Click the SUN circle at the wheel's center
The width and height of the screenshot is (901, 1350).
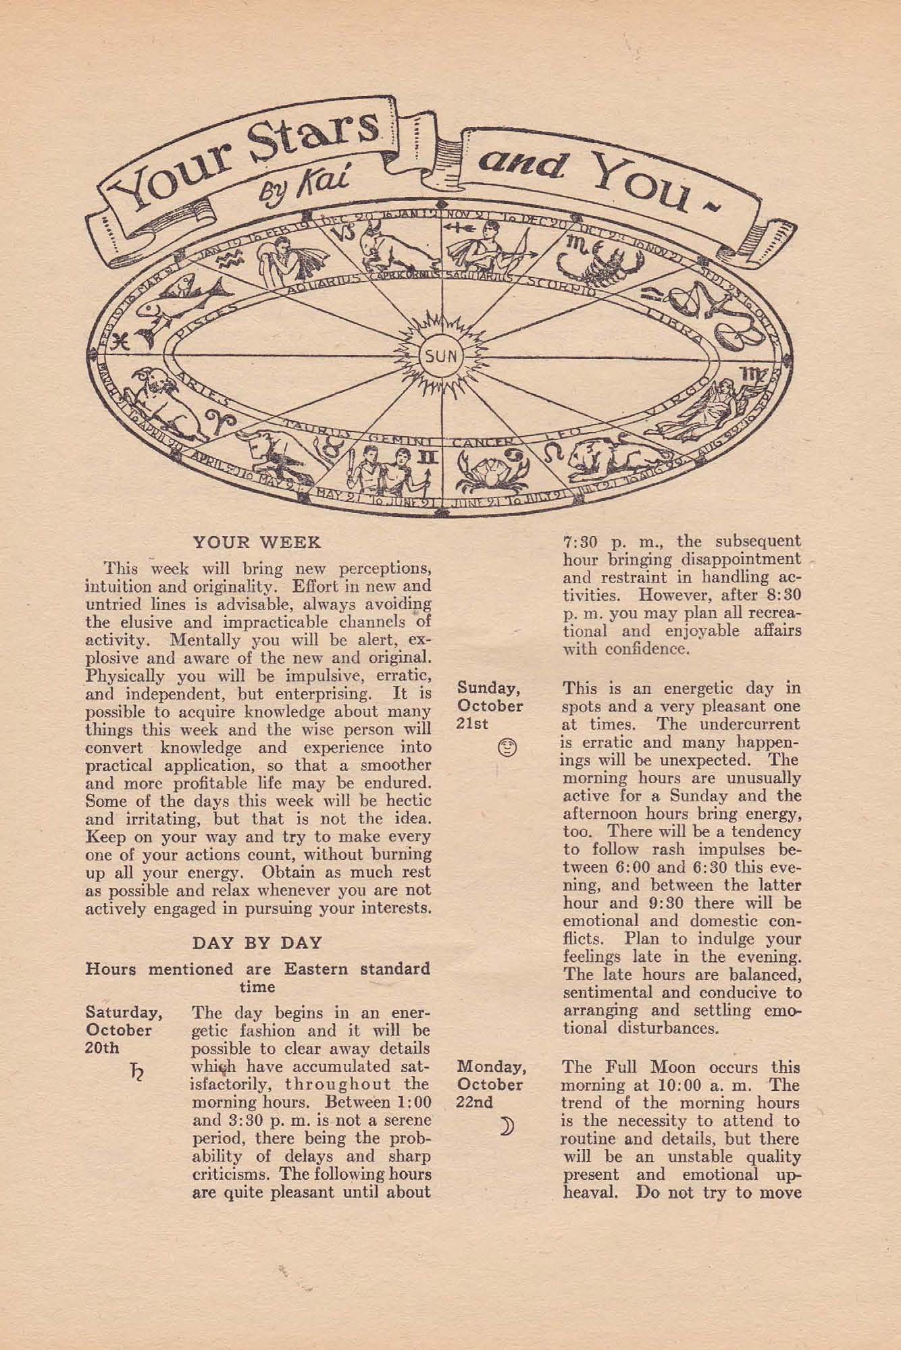tap(442, 356)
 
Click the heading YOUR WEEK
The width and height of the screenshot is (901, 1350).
tap(257, 542)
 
